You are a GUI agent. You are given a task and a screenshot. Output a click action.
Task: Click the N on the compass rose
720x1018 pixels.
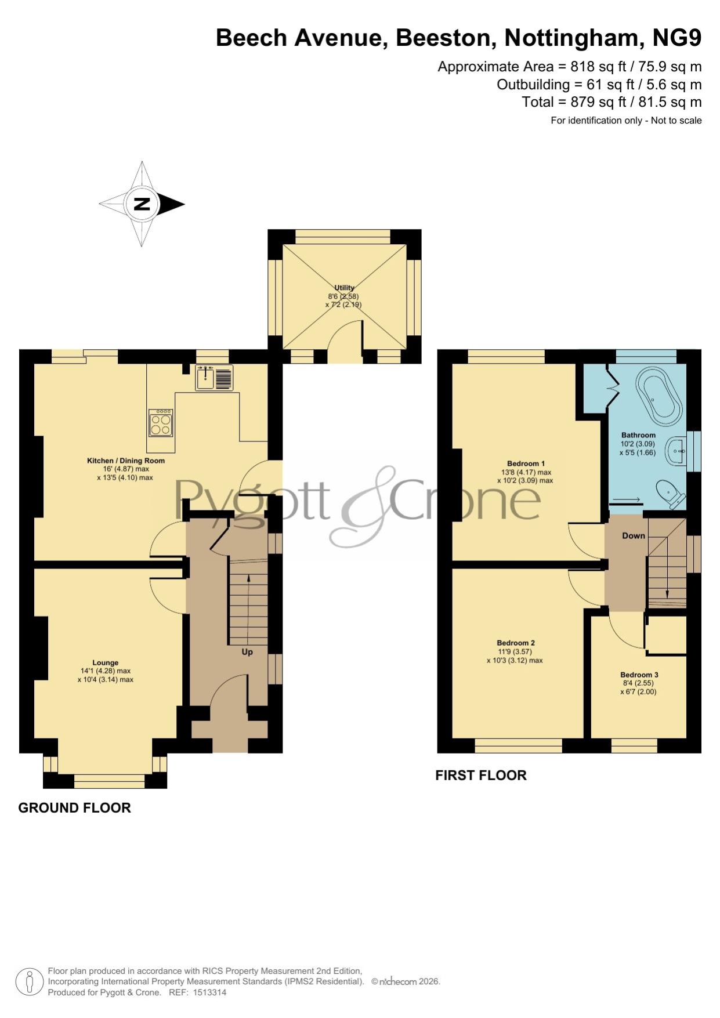(x=142, y=204)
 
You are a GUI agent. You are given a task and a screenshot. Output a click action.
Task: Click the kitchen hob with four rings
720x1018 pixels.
(x=161, y=422)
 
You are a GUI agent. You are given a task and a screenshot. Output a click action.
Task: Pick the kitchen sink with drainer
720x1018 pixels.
(x=214, y=378)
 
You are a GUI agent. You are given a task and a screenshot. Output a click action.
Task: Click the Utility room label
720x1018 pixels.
(x=344, y=288)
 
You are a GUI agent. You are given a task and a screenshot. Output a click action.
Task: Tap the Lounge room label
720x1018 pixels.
(x=105, y=662)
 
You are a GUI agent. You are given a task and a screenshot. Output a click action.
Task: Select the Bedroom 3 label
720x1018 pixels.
(x=639, y=675)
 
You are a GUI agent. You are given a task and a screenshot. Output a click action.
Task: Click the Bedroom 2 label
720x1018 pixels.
(x=516, y=643)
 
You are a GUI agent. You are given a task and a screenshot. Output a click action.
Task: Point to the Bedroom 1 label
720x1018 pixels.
(x=526, y=463)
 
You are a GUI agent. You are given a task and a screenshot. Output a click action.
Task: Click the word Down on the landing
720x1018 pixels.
(x=634, y=535)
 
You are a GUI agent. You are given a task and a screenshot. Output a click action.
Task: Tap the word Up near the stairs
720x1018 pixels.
(x=247, y=652)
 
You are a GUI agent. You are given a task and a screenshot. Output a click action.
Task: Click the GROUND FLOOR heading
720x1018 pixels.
(x=75, y=807)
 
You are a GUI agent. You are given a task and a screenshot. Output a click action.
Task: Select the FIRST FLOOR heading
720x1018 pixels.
(x=481, y=775)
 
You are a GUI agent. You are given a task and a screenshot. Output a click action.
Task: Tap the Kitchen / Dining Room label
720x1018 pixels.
(x=126, y=461)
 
